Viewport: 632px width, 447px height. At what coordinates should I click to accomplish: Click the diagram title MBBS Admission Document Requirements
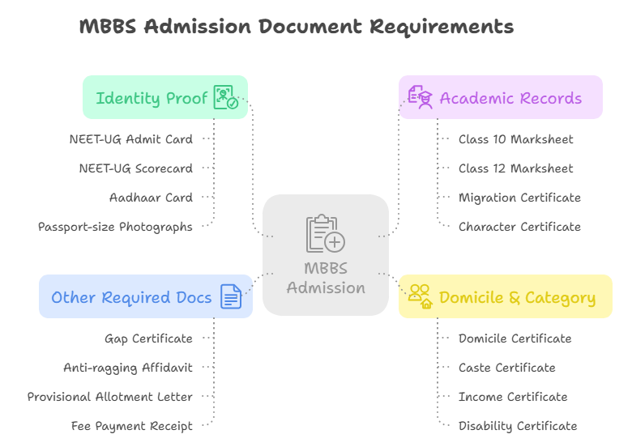(x=297, y=27)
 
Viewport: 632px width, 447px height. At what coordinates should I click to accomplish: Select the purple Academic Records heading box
(x=501, y=98)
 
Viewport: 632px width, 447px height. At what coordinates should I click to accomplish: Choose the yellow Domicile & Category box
(x=506, y=297)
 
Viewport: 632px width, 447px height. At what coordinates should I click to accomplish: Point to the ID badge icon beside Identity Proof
(x=225, y=98)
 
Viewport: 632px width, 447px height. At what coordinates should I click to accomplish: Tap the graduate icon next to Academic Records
(x=420, y=97)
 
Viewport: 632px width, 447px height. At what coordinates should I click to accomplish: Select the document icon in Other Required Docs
(x=231, y=297)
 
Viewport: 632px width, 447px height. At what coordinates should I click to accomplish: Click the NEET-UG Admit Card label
(x=130, y=139)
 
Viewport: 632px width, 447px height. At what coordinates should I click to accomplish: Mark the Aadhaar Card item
(x=151, y=198)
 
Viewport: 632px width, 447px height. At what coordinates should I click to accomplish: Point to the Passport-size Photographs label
(x=115, y=227)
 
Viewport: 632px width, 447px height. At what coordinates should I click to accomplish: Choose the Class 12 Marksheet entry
(x=515, y=168)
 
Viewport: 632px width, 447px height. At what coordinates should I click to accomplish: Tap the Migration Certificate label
(x=519, y=198)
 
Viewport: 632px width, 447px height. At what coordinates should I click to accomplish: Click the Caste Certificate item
(x=506, y=368)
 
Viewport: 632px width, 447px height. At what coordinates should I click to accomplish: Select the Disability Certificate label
(x=518, y=426)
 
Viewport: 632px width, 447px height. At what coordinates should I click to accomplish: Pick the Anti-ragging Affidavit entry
(x=128, y=368)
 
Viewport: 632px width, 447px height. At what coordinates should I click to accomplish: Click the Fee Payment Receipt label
(x=132, y=426)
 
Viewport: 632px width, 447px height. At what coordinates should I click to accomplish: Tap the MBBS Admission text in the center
(x=326, y=278)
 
